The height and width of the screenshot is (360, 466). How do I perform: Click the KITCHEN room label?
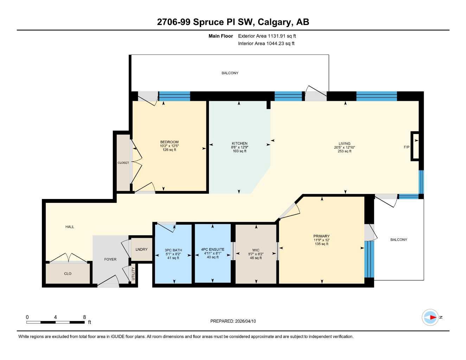click(240, 143)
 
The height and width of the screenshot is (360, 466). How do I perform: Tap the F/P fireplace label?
click(407, 147)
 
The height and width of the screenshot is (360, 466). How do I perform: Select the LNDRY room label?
click(141, 250)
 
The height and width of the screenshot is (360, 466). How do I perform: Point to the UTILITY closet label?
click(133, 274)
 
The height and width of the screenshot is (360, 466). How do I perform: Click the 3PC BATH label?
click(173, 250)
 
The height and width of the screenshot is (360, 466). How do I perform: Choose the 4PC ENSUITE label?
click(212, 250)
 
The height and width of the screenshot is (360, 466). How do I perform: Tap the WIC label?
click(256, 250)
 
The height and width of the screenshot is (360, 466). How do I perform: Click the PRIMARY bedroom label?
click(321, 236)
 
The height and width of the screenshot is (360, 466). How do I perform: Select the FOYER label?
click(110, 259)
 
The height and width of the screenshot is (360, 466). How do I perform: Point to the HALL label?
click(70, 227)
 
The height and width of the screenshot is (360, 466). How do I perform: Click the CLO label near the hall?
click(68, 274)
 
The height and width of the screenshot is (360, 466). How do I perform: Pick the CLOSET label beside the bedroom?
click(123, 163)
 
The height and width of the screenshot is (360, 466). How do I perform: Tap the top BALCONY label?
click(230, 73)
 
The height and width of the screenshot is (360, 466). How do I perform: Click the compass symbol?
click(430, 317)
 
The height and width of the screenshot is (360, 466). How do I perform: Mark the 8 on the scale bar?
click(84, 317)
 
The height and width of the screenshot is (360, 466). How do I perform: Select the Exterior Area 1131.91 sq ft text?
click(267, 36)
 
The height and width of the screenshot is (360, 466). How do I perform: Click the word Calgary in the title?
click(274, 22)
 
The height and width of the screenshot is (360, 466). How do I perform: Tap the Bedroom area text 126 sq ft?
click(169, 150)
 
